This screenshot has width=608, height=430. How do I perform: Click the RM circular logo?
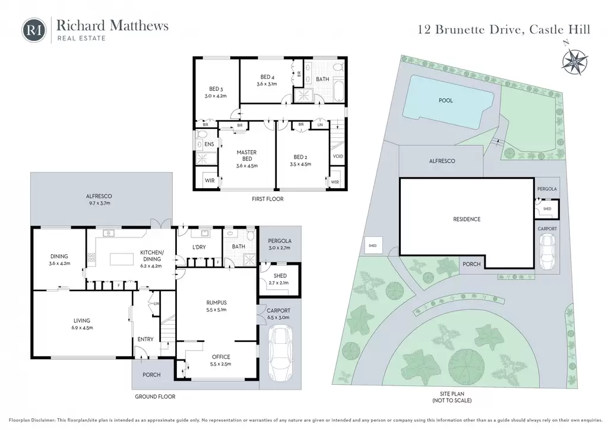(x=34, y=30)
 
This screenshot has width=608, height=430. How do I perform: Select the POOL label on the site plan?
(x=445, y=100)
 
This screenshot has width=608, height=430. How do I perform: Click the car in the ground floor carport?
(x=280, y=353)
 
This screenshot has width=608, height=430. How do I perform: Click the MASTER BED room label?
(x=246, y=156)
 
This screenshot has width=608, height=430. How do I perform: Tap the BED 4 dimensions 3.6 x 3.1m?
(x=267, y=84)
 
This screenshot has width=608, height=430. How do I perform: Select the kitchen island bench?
(x=122, y=259)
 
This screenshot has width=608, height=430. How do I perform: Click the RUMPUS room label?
(x=216, y=303)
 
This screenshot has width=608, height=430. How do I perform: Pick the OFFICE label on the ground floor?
(x=221, y=357)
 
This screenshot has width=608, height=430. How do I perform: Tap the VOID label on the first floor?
(x=338, y=156)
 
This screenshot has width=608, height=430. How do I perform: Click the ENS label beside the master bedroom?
(x=209, y=144)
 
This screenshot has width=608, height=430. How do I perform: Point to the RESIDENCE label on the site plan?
(x=467, y=220)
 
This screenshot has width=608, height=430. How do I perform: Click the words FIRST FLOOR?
(x=268, y=199)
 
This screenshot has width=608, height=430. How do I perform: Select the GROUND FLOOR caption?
(x=155, y=397)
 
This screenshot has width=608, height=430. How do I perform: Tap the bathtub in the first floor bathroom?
(x=340, y=91)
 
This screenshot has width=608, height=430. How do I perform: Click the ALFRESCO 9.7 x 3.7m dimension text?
(x=99, y=203)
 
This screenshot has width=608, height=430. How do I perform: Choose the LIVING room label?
(x=82, y=321)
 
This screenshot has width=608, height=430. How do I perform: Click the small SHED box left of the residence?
(x=372, y=245)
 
